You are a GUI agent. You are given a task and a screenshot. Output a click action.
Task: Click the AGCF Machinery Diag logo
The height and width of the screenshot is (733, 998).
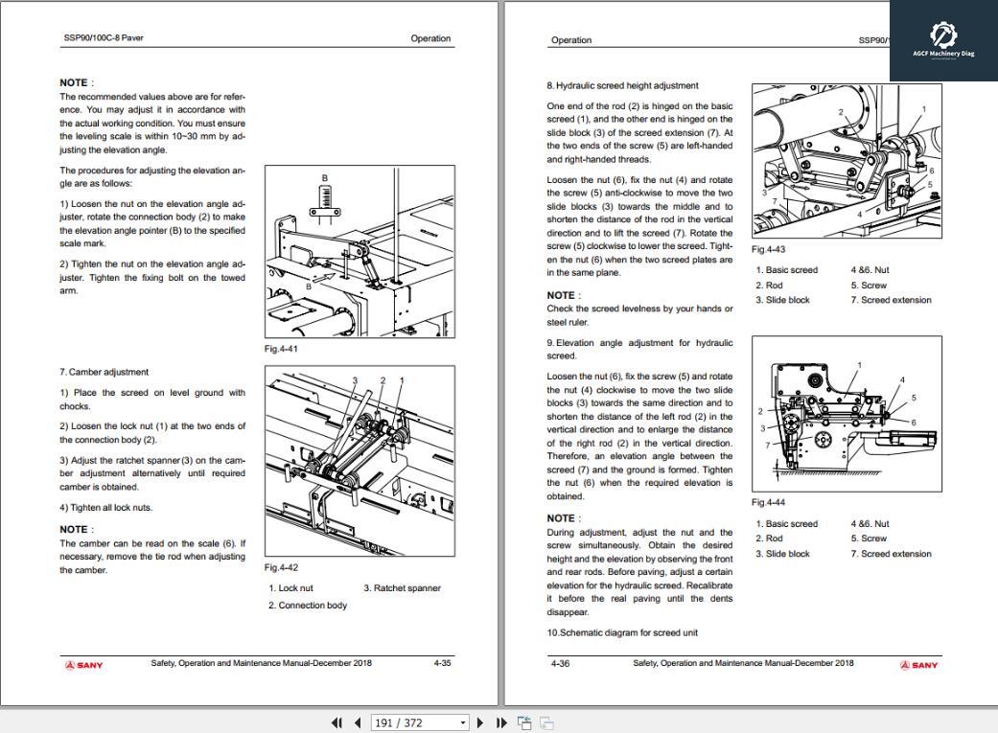pos(943,39)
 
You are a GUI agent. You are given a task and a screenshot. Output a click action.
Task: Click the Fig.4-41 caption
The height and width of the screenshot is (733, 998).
pos(281,349)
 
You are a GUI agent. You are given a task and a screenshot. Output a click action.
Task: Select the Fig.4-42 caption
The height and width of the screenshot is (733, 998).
pos(281,568)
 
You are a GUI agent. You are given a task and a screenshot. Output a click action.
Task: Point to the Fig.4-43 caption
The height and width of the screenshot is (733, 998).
pos(768,249)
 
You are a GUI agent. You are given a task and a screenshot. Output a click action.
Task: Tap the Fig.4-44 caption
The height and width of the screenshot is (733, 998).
pos(768,503)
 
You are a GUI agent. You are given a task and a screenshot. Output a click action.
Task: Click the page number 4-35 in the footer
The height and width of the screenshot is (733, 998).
pos(442,663)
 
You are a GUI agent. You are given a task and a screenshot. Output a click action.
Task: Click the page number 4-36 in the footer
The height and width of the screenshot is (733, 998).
pos(560,663)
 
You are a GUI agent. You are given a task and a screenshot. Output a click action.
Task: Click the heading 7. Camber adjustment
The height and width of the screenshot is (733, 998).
pos(104,372)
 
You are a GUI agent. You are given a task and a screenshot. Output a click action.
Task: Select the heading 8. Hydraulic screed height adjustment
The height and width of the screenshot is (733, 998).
pos(622,85)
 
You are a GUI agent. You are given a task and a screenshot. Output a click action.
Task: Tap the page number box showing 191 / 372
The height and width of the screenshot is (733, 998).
pos(419,722)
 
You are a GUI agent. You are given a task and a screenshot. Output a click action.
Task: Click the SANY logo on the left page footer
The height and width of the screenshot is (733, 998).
pos(84,665)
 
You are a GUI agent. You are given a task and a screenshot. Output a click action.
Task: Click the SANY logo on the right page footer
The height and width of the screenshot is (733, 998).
pos(918,665)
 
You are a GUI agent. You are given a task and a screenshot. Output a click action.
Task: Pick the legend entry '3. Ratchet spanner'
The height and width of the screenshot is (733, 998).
pos(402,588)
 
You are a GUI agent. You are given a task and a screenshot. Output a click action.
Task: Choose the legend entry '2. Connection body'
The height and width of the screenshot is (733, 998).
pos(307,606)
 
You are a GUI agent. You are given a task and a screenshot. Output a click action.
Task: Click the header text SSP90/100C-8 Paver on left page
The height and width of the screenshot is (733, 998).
pos(104,38)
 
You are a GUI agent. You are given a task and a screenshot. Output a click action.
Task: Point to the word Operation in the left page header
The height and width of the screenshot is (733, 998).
pos(430,38)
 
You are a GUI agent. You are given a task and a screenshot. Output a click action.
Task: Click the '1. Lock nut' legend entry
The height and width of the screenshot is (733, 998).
pos(290,588)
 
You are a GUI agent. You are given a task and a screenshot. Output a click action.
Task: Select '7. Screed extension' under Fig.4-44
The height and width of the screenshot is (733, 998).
pos(891,554)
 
